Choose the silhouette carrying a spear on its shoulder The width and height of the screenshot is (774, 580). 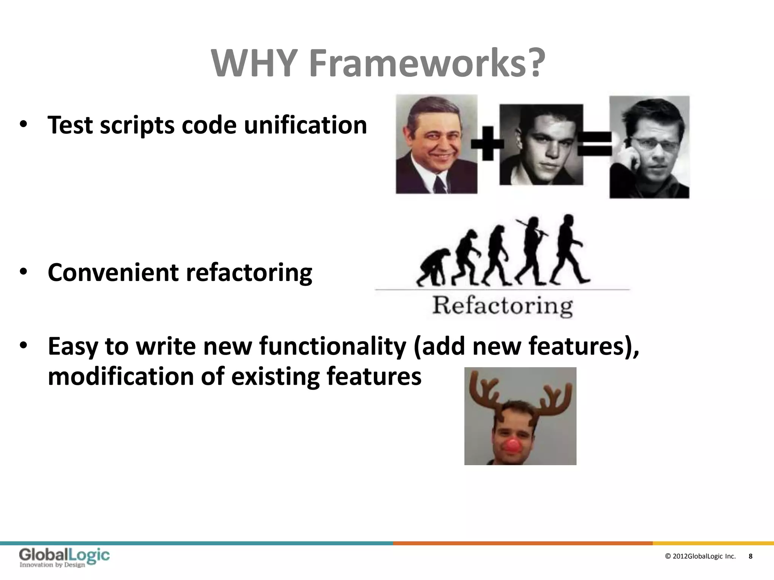(531, 249)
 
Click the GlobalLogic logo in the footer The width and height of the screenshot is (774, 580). (64, 558)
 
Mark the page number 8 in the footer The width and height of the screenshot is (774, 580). (751, 556)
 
